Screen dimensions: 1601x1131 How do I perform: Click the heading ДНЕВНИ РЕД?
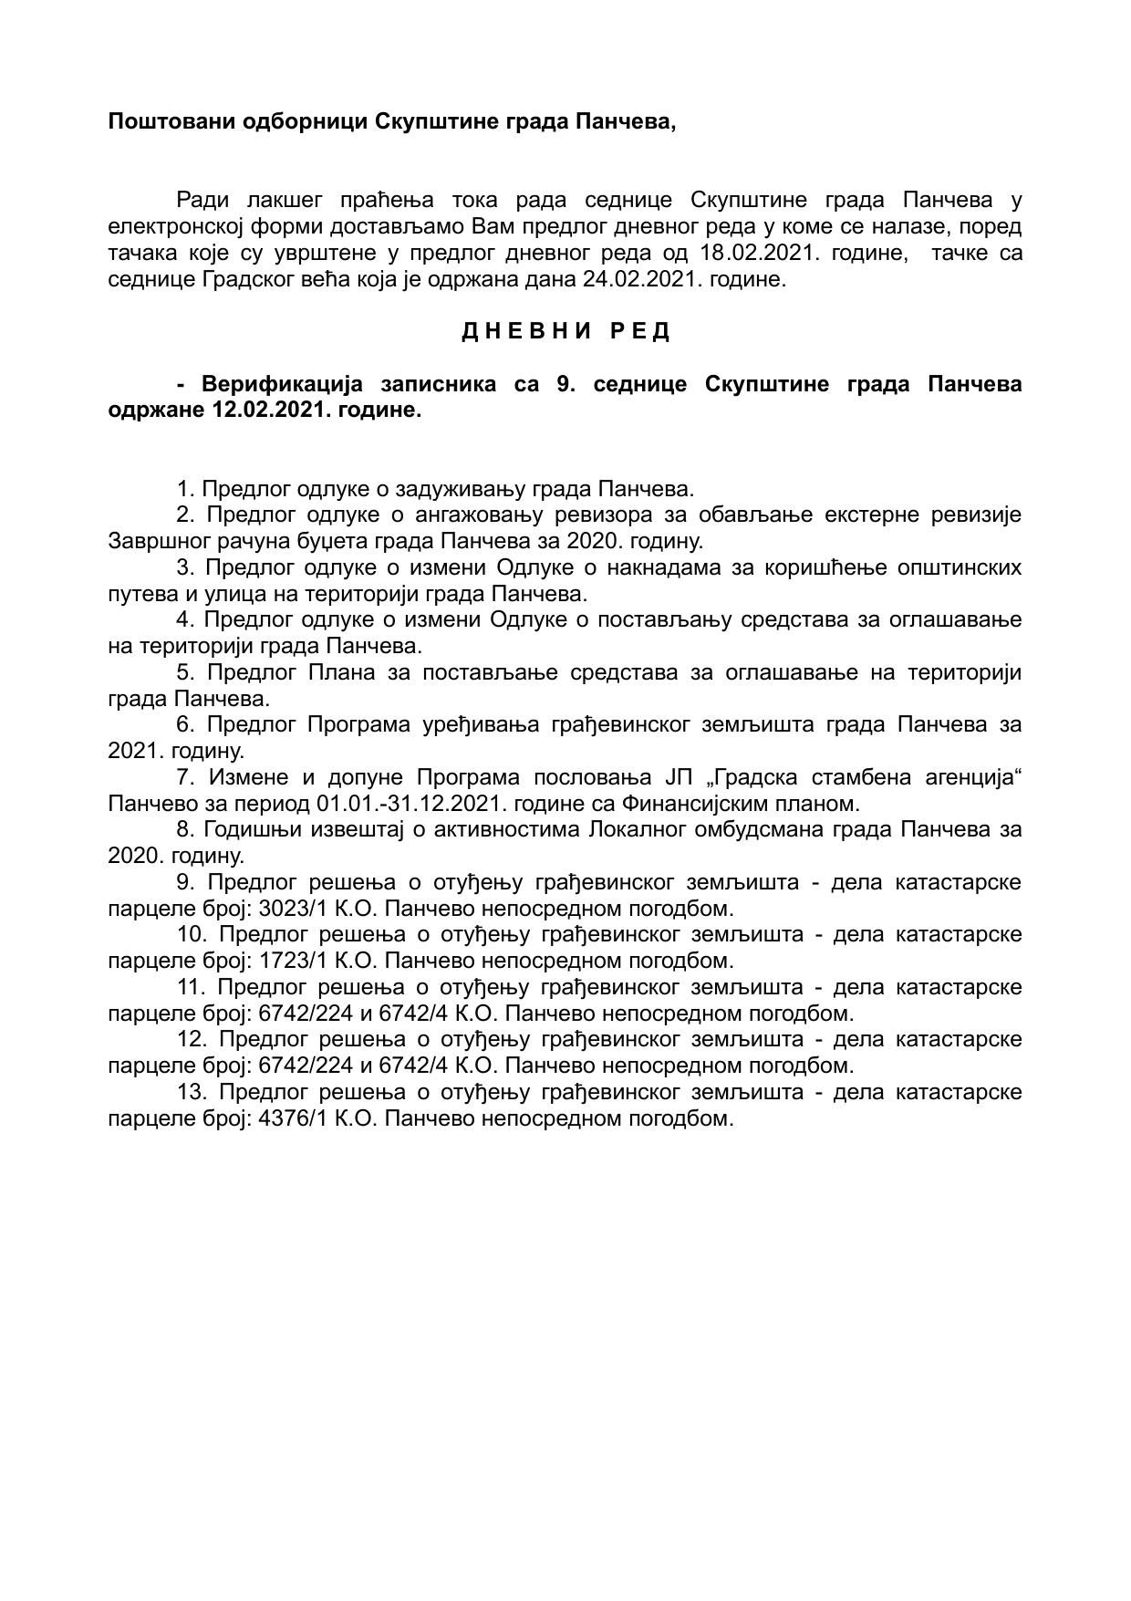[565, 331]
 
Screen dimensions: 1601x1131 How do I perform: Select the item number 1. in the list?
[185, 489]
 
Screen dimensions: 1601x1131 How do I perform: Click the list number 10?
[192, 934]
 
